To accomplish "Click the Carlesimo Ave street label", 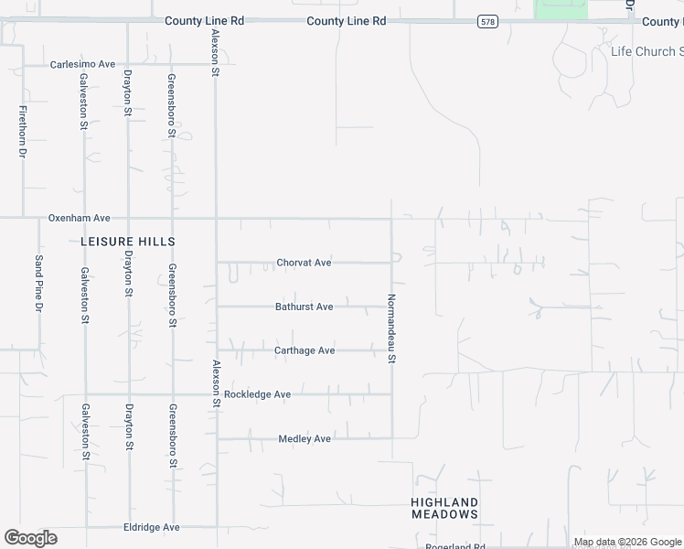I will [82, 64].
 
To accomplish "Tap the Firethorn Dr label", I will [22, 134].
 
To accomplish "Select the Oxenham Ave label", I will [79, 219].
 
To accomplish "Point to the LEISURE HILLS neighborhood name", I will [127, 241].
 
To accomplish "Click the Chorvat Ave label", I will [304, 263].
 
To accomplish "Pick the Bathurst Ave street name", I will [304, 307].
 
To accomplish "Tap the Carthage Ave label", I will [305, 350].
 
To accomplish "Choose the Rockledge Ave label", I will [257, 394].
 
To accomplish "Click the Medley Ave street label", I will [304, 439].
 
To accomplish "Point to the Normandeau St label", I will [391, 328].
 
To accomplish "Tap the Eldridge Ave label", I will [152, 528].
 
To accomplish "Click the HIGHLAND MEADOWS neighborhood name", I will [444, 509].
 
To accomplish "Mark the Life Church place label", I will [646, 52].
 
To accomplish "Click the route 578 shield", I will [487, 21].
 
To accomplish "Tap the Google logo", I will [30, 538].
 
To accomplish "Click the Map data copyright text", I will [627, 543].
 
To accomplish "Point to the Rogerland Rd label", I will [454, 546].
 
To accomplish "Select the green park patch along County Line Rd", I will [561, 8].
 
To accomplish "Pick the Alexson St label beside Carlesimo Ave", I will [216, 52].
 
